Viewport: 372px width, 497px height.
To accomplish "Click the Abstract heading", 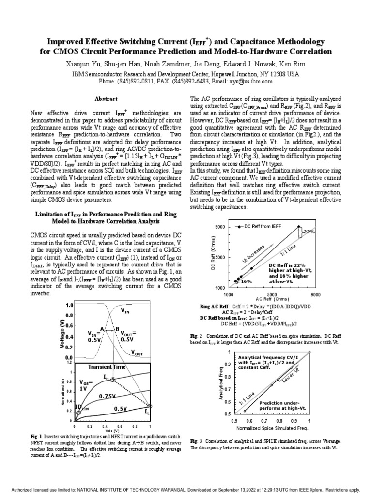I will tap(106, 99).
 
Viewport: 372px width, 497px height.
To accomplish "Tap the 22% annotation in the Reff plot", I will tap(309, 232).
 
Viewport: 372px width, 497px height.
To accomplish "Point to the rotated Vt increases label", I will tap(253, 255).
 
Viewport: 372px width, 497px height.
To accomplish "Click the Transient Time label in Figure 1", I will tap(107, 367).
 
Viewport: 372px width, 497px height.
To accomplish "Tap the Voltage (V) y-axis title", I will tap(62, 333).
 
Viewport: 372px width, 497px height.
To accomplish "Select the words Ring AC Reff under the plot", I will tap(214, 307).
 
